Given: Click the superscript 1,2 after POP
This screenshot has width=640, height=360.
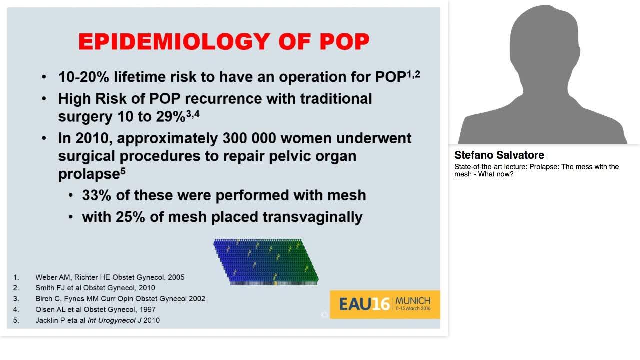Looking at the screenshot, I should [x=413, y=74].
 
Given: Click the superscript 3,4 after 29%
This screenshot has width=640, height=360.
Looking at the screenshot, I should [x=193, y=114].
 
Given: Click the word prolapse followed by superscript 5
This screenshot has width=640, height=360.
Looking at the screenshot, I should [x=88, y=174].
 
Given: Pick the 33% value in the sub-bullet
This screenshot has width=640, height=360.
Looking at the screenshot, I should [x=96, y=195].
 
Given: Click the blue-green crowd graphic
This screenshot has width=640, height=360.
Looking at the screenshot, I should [x=266, y=262].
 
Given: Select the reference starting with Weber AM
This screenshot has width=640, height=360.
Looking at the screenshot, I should [x=110, y=277].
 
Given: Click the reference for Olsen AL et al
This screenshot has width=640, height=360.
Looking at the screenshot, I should [x=95, y=309].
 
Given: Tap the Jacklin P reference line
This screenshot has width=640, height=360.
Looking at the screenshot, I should [x=97, y=320].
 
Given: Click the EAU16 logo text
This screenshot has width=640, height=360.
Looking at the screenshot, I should [x=364, y=304].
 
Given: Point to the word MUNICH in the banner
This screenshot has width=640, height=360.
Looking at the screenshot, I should [x=412, y=301].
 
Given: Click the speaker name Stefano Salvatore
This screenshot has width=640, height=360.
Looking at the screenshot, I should [x=499, y=155].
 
